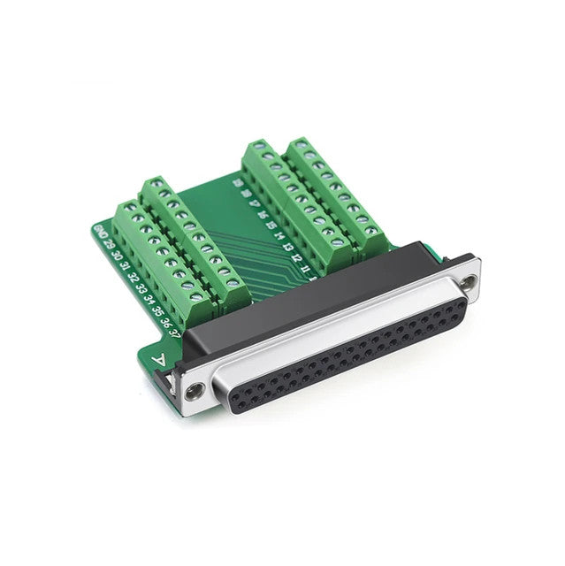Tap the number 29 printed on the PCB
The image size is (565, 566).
click(x=108, y=245)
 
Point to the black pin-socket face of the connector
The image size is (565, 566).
click(x=354, y=354)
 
